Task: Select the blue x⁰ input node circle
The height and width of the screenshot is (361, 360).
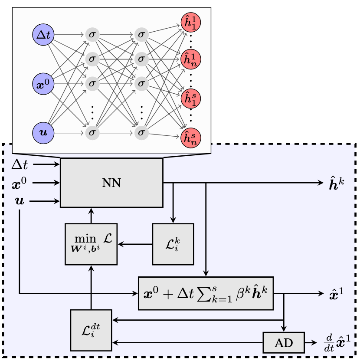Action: coord(43,84)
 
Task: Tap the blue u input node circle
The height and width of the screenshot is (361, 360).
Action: coord(43,132)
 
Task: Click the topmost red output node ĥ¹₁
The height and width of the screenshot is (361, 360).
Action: coord(191,22)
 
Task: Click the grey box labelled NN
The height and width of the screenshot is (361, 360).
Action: coord(111,182)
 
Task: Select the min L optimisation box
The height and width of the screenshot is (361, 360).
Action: coord(91,244)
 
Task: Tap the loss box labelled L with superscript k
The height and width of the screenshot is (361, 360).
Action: coord(173,244)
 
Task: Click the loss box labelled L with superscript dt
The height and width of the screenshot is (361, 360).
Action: coord(91,330)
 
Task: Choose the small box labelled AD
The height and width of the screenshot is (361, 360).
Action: coord(284,343)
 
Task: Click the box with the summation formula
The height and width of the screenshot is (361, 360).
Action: coord(206,293)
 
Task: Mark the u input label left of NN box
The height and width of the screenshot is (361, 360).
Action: coord(19,201)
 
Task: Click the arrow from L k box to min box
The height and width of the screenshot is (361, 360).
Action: coord(135,244)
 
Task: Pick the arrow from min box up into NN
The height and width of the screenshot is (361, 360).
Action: coord(91,215)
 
